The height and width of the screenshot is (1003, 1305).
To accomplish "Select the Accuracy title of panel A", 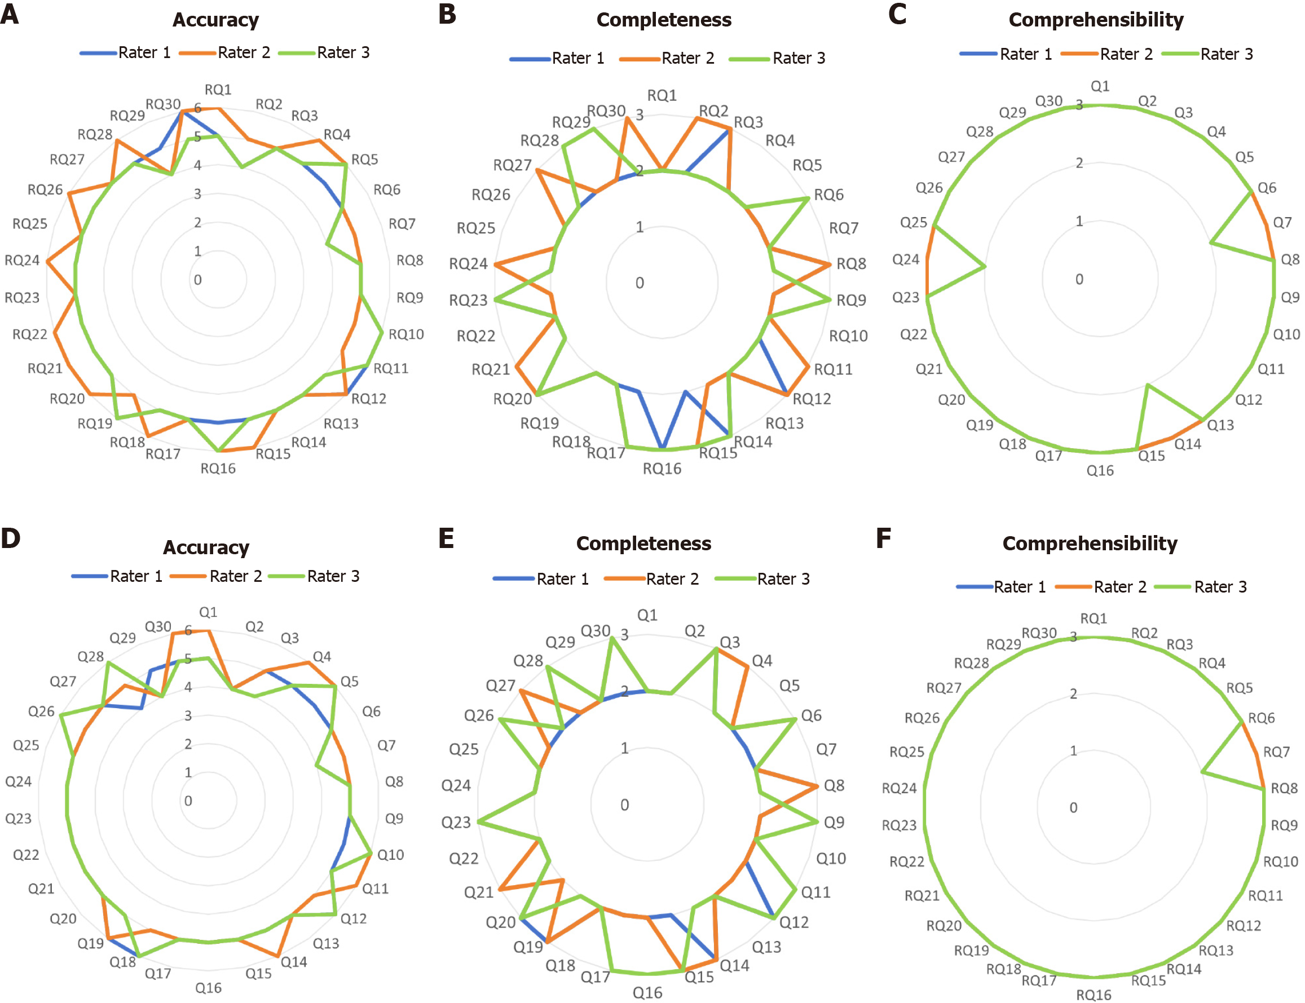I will tap(215, 20).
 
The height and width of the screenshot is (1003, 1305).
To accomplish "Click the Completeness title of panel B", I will tap(664, 20).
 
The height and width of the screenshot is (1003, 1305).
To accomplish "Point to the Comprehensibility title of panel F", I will tap(1090, 544).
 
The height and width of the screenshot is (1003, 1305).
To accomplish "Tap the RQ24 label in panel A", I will tap(22, 260).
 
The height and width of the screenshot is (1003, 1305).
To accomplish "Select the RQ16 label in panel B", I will tap(662, 469).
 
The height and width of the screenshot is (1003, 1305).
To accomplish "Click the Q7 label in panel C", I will tap(1282, 223).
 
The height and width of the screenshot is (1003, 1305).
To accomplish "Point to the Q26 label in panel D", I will tap(41, 711).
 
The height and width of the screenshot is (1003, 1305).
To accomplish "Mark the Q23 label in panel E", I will tap(456, 823).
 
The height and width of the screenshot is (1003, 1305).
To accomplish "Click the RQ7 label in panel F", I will tap(1276, 752).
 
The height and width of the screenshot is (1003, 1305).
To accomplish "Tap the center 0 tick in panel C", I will tap(1079, 279).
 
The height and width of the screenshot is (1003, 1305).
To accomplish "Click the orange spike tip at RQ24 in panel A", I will tap(48, 261).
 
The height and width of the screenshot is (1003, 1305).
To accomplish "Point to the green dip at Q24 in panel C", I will tap(985, 267).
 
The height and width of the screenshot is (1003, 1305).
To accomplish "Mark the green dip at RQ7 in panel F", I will tap(1201, 772).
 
